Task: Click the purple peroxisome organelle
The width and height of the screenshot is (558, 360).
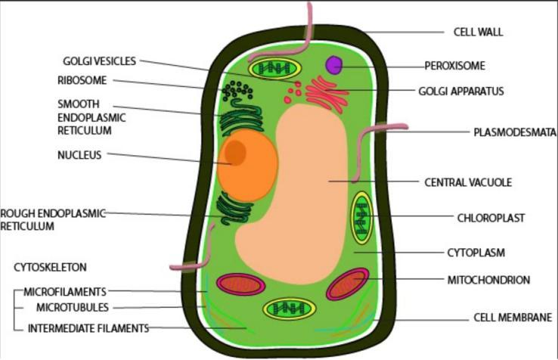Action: coord(333,65)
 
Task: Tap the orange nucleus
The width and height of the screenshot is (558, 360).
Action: coord(246,165)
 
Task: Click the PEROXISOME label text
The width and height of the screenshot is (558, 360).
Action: coord(454,66)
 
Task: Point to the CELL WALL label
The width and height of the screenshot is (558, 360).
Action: coord(478,33)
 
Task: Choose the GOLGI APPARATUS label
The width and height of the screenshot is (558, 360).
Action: coord(460,92)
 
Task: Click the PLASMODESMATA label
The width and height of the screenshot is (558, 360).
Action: coord(512,132)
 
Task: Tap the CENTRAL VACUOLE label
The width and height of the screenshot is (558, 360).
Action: coord(468,182)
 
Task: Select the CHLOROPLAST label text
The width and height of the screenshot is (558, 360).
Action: coord(491,218)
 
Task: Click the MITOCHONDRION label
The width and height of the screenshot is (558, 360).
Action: coord(488,280)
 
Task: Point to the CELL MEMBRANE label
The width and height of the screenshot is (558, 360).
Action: coord(513,318)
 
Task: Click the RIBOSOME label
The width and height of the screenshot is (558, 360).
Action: coord(82,80)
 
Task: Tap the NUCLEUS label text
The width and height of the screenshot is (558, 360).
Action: coord(79,155)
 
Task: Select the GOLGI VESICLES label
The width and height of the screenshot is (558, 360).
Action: coord(100,61)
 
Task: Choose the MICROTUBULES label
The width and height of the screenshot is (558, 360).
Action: coord(73,308)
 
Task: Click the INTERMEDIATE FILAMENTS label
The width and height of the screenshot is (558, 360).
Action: coord(88,328)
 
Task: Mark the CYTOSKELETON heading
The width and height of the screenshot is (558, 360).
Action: coord(50,267)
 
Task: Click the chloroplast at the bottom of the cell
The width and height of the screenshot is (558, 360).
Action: coord(289,308)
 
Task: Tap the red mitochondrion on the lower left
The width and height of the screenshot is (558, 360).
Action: coord(240,284)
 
